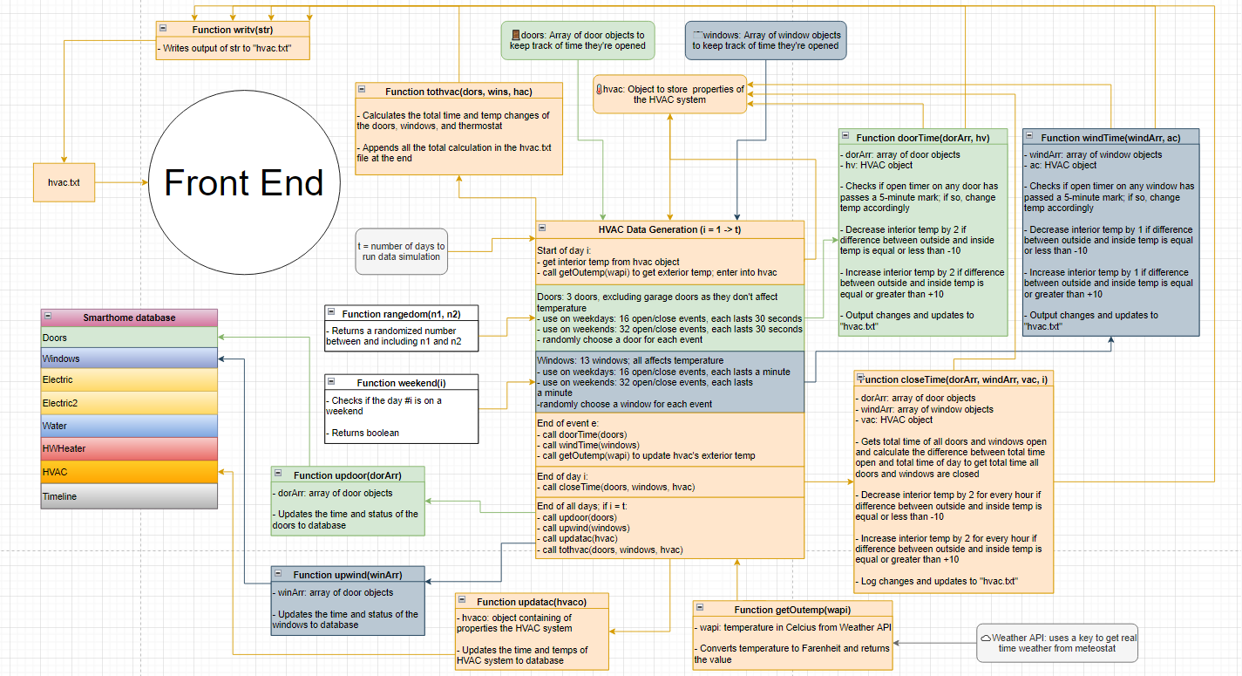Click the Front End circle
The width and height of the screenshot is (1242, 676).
coord(243,183)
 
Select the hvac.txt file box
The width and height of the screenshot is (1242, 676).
coord(63,183)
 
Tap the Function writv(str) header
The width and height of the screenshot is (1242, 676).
coord(232,30)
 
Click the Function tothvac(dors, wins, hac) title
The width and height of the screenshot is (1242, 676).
coord(458,92)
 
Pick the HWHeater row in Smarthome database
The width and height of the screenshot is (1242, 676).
coord(129,448)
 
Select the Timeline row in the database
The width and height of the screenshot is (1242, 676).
coord(129,496)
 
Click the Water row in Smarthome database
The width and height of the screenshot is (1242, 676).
coord(129,426)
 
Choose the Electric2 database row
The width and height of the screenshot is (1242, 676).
coord(129,403)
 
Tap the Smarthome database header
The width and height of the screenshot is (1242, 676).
coord(129,318)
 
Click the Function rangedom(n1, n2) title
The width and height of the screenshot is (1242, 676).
coord(402,314)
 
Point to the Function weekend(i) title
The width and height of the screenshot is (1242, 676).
coord(402,383)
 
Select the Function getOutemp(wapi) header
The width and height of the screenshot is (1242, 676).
coord(792,610)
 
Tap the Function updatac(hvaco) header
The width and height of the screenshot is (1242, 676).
coord(532,602)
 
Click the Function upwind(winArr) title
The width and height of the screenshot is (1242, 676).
coord(347,575)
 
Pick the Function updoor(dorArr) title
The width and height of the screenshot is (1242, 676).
coord(347,475)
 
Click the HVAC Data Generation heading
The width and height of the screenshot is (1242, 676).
coord(669,229)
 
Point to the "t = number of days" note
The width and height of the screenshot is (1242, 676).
coord(401,251)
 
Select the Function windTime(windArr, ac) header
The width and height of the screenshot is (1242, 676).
coord(1110,138)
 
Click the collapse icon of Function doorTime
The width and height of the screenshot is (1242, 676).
coord(845,137)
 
